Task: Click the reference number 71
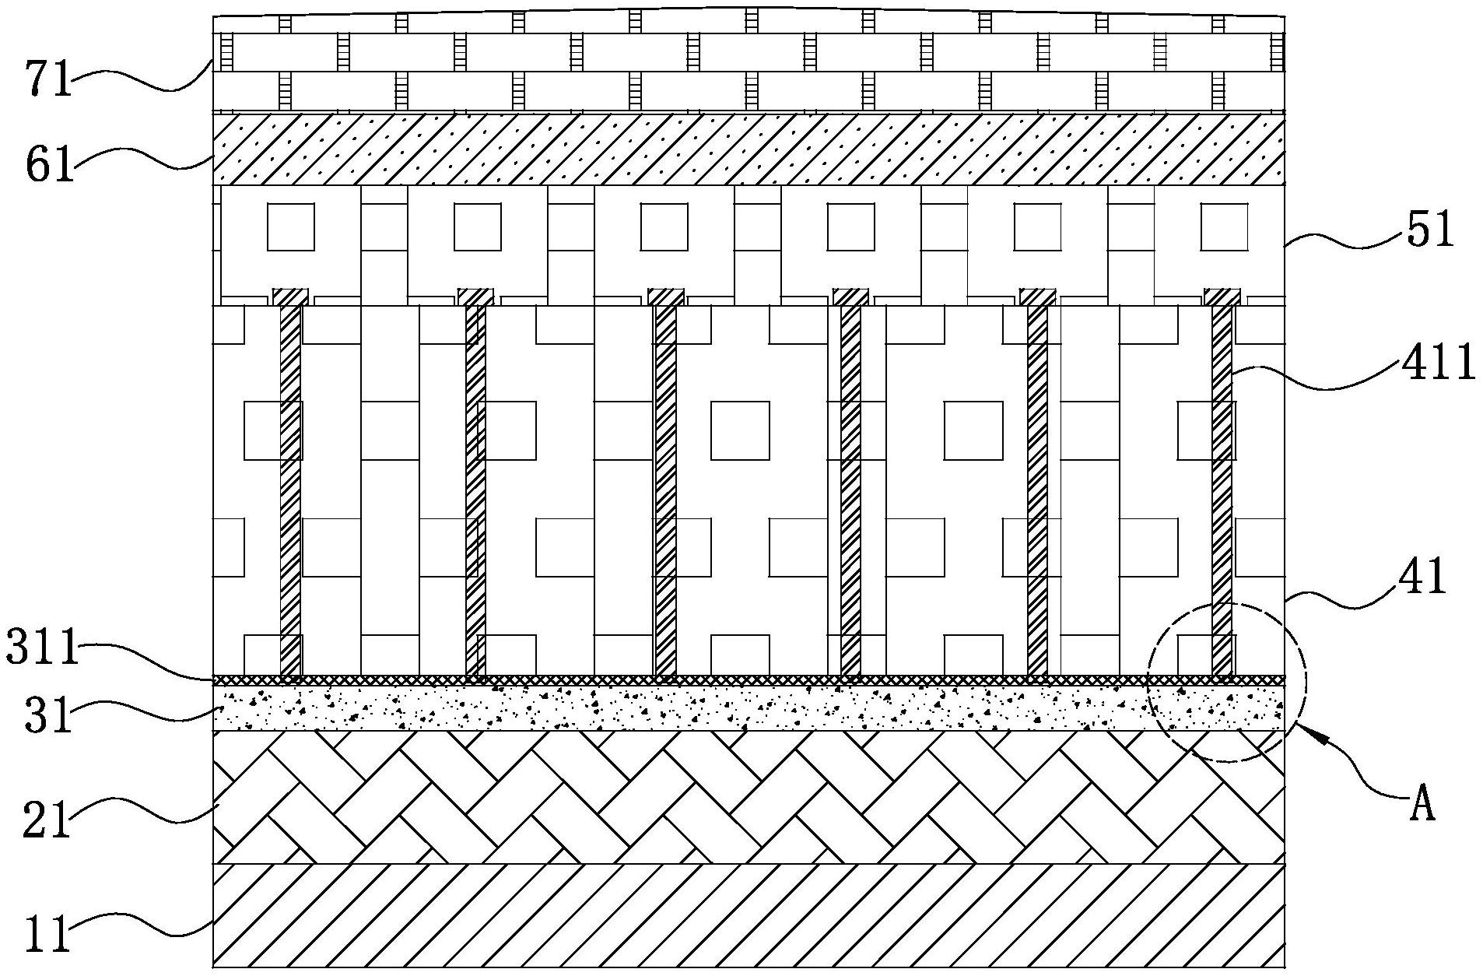click(49, 81)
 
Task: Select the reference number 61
click(49, 167)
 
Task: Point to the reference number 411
click(1438, 363)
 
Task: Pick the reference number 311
click(44, 648)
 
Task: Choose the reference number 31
click(47, 716)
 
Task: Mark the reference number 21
click(47, 820)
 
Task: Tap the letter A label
click(1422, 806)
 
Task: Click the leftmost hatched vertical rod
click(290, 490)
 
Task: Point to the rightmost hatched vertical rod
click(1222, 490)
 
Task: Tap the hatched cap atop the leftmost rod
click(290, 297)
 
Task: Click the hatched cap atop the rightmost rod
click(1222, 297)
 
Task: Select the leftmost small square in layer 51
click(291, 226)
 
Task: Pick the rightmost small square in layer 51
click(1224, 226)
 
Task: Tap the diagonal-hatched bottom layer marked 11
click(747, 915)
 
